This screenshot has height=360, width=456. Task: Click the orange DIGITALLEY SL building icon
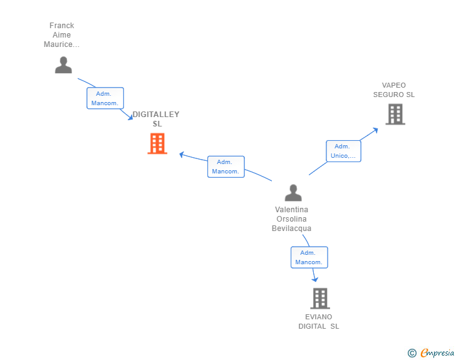tap(157, 143)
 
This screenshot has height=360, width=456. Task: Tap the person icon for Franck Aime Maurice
tap(63, 65)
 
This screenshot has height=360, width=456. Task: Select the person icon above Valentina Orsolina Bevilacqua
tap(293, 193)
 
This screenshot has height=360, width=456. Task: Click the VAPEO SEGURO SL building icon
tap(395, 115)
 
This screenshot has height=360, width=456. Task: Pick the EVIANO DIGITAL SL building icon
tap(320, 299)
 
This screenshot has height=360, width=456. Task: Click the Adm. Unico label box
tap(343, 152)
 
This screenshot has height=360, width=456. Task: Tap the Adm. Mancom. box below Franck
tap(105, 98)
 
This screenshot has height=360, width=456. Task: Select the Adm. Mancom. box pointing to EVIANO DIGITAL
tap(309, 257)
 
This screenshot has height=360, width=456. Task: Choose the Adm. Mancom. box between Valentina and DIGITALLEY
tap(226, 167)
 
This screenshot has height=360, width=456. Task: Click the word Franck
tap(61, 26)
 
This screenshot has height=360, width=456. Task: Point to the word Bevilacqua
tap(291, 229)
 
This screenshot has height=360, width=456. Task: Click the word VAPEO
tap(394, 85)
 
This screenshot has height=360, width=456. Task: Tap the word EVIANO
tap(318, 317)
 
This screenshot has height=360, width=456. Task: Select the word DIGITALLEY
tap(156, 115)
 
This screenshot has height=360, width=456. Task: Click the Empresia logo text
tap(437, 352)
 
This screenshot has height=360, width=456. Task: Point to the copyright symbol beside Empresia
tap(412, 353)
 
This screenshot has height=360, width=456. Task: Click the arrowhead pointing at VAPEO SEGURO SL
tap(375, 130)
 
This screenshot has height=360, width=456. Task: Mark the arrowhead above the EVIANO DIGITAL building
tap(315, 279)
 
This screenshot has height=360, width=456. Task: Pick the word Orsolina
tap(291, 219)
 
